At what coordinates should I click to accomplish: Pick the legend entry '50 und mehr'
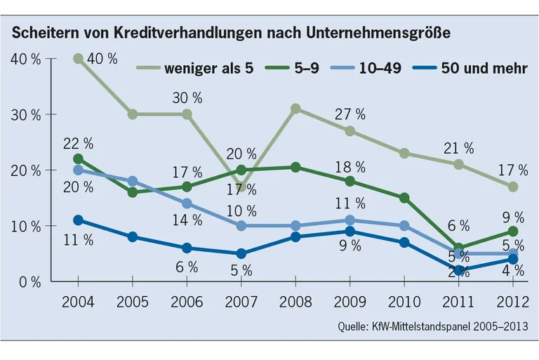click(485, 68)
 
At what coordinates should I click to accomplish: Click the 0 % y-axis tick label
click(29, 282)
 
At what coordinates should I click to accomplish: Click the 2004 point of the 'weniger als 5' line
click(79, 59)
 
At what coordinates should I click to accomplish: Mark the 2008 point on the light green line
click(295, 109)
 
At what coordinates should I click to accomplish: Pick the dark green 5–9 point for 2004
click(79, 159)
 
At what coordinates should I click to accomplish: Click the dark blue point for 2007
click(241, 254)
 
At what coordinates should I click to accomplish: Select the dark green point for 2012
click(512, 232)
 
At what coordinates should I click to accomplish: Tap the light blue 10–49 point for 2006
click(187, 204)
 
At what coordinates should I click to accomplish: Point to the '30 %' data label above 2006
click(187, 98)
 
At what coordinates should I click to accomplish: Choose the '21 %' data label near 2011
click(460, 148)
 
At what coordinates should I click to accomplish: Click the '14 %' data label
click(187, 220)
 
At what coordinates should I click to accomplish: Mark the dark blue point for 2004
click(79, 220)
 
